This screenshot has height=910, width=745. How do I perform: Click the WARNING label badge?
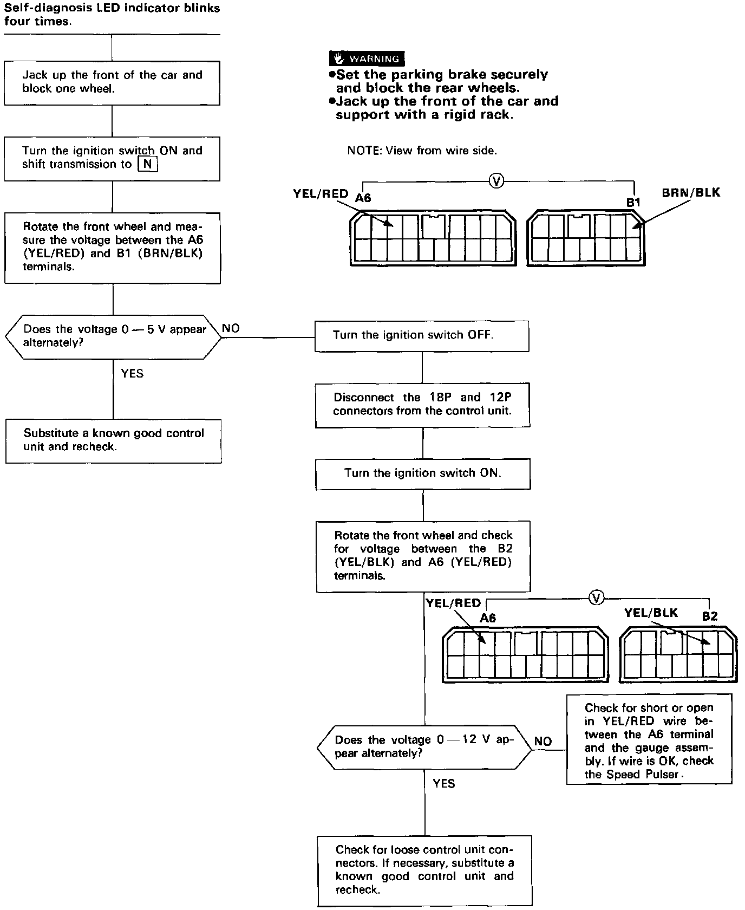[x=367, y=58]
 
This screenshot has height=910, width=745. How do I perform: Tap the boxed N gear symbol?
[x=147, y=164]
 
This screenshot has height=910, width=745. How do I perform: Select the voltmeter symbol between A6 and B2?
[x=596, y=598]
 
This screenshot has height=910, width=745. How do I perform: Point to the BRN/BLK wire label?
[x=691, y=193]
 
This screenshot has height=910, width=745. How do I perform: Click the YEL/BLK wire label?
[x=650, y=613]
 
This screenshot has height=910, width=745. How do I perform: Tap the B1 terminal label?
[x=633, y=202]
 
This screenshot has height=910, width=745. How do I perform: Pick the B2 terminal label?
[x=709, y=616]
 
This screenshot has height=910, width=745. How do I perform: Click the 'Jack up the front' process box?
[x=112, y=82]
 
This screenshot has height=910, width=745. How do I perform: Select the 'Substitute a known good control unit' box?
[x=113, y=440]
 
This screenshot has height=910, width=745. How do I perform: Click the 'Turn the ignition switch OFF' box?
[x=422, y=335]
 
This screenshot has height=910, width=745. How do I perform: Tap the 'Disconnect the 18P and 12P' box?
[x=422, y=405]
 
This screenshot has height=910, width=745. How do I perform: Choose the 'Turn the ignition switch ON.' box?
[x=423, y=473]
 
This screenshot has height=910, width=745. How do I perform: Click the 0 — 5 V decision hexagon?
[x=113, y=336]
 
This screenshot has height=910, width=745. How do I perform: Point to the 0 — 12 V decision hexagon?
[x=424, y=747]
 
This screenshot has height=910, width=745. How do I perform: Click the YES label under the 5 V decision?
[x=132, y=373]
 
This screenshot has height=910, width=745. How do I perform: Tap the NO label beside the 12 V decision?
[x=543, y=741]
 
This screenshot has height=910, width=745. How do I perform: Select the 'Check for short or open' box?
[x=649, y=740]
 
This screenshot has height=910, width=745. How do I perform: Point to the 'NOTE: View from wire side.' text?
[x=422, y=151]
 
